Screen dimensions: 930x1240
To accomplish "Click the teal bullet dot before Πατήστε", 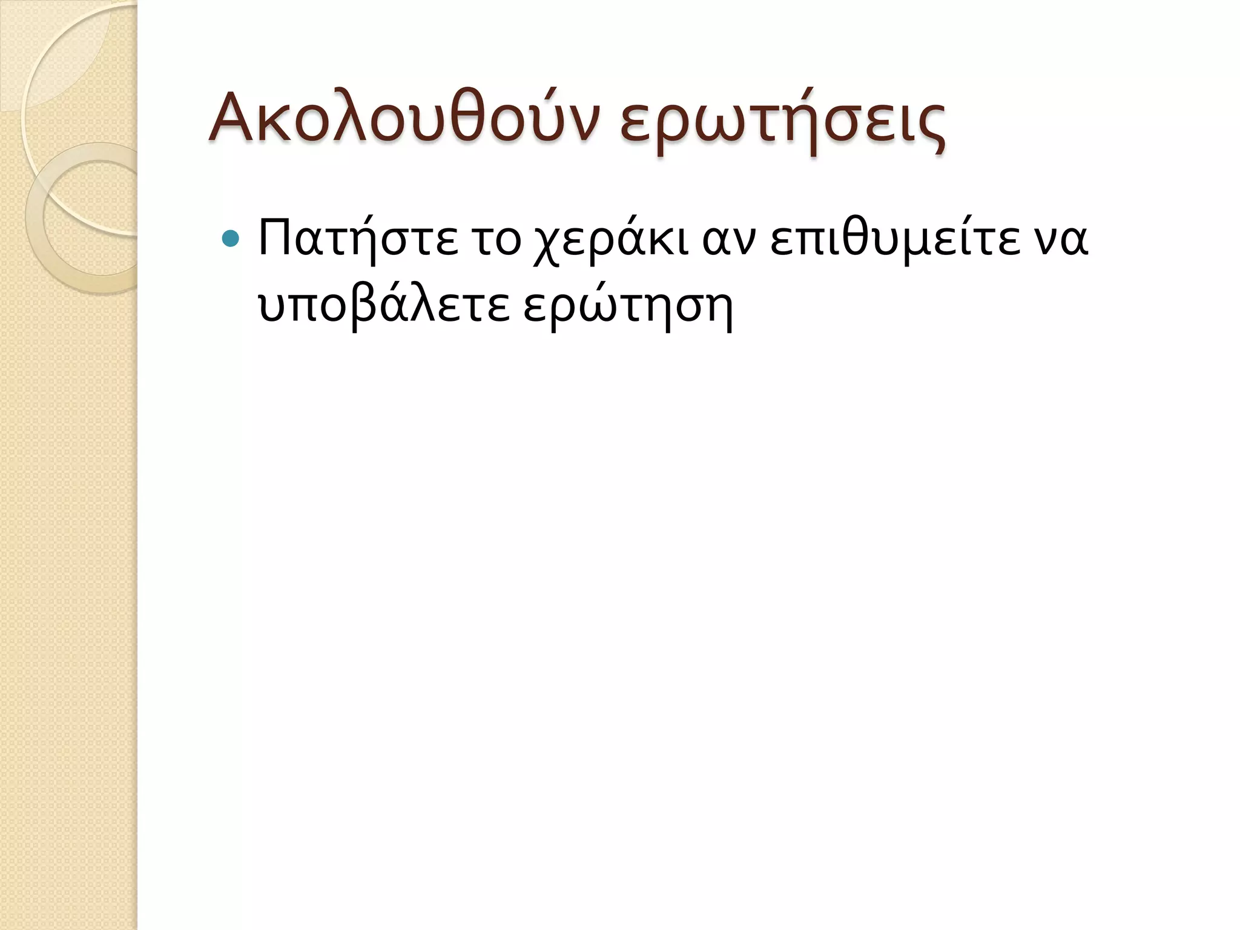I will click(231, 240).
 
